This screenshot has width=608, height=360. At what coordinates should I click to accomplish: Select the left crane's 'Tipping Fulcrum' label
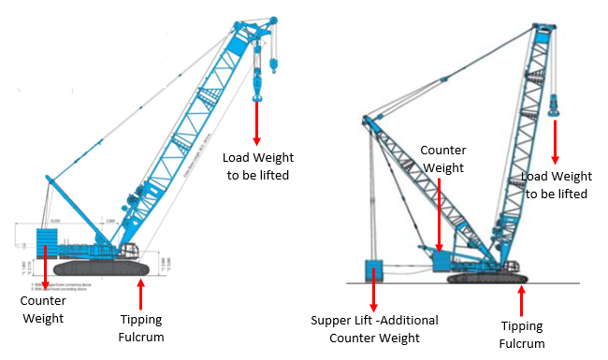(140, 324)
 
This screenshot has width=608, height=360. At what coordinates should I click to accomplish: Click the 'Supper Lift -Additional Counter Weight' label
(374, 328)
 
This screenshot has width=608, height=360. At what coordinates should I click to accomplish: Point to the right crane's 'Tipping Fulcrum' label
(522, 335)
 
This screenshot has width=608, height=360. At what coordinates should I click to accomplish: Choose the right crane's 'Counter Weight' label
(442, 158)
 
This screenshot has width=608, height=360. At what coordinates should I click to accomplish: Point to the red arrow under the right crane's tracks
(522, 302)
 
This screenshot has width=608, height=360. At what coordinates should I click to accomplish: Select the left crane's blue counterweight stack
(47, 241)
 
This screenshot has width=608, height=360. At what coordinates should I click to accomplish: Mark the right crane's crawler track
(487, 277)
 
